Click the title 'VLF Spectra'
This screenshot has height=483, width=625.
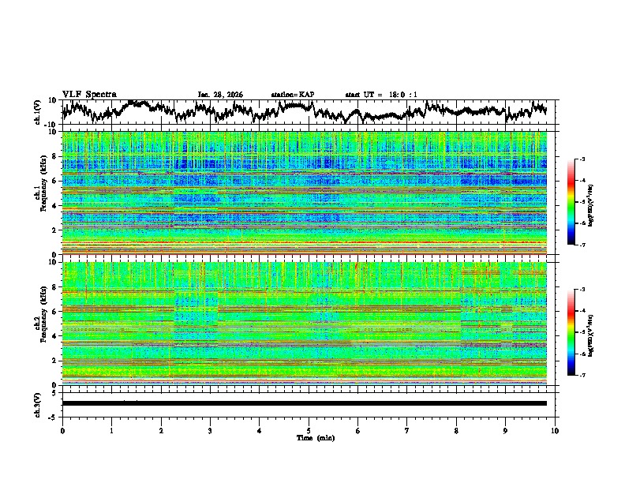[89, 94]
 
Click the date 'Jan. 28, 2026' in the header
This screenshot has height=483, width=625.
[220, 95]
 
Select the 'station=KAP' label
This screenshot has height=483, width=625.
[292, 95]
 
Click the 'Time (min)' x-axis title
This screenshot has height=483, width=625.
[309, 437]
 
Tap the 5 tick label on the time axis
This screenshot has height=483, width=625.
[309, 429]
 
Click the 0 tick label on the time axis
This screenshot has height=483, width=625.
[62, 429]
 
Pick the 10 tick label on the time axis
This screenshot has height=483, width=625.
[555, 429]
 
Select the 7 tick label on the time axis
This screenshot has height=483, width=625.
[407, 429]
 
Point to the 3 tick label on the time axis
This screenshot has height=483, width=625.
[210, 429]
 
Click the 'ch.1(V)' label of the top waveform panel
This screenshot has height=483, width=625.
[39, 112]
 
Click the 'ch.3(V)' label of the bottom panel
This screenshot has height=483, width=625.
[39, 403]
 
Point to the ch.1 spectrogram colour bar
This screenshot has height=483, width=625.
[571, 203]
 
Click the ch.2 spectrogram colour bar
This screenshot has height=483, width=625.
[571, 332]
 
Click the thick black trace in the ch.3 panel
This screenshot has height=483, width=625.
[305, 403]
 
